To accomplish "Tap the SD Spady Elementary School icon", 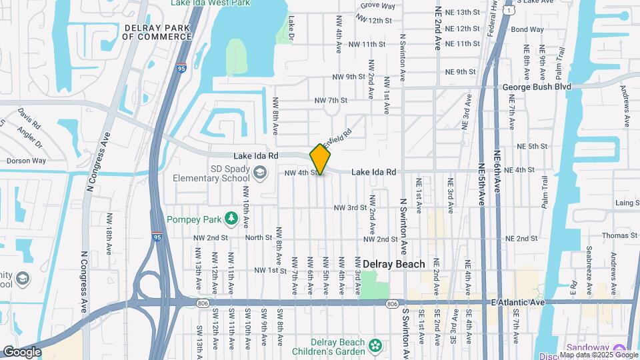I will coord(258,174).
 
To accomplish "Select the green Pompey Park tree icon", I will coord(231,218).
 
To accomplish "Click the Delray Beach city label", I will coord(394,264).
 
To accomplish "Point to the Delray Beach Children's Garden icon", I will coord(376,345).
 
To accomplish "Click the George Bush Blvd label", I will coord(537,87).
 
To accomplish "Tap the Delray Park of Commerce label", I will coord(157,32).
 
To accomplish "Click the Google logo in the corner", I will coord(21,352).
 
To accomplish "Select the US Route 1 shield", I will coord(509,11).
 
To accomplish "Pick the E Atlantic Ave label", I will coord(517,303).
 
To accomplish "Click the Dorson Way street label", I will coord(26,161).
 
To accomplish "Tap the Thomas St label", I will coord(620,235).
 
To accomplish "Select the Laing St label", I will coord(627,203).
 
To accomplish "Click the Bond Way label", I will coord(527,29).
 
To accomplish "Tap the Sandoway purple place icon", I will coord(619,348).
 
